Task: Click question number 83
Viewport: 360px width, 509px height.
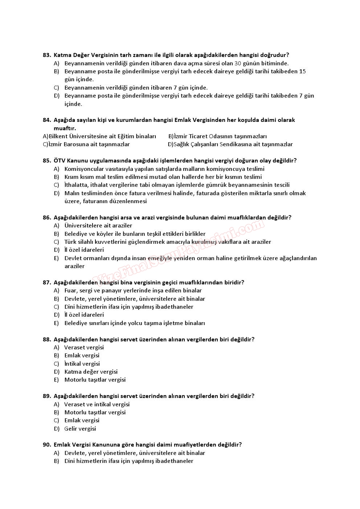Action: pos(47,55)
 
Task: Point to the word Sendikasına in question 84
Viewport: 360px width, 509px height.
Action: pos(236,144)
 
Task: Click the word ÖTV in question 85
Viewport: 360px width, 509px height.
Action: pos(59,161)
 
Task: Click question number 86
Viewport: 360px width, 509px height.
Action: pos(47,218)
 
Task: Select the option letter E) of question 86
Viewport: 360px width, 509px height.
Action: pos(56,258)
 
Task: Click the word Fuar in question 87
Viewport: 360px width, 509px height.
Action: pos(70,291)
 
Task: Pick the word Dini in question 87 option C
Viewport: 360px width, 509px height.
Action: pos(70,307)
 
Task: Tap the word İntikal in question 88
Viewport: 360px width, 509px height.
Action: pos(72,364)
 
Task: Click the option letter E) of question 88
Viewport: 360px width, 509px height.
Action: pos(56,380)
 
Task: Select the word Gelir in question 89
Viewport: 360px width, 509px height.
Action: pos(71,429)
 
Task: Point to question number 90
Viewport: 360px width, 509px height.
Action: pos(47,445)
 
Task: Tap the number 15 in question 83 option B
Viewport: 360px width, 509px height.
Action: pos(302,71)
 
